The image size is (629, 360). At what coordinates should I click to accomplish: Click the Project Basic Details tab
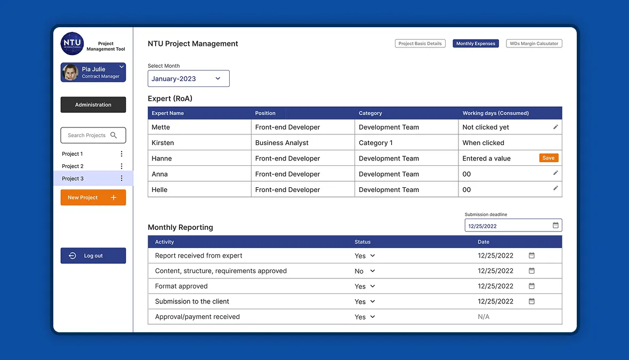click(420, 43)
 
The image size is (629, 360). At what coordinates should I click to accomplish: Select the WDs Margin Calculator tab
click(534, 43)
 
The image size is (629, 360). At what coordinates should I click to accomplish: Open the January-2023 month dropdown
click(189, 78)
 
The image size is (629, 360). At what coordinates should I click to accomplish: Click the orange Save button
click(549, 158)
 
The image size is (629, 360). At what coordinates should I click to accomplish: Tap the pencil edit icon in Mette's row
click(555, 127)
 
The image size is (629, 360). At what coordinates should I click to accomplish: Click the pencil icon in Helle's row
click(555, 188)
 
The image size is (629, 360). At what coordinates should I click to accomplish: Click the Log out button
click(93, 255)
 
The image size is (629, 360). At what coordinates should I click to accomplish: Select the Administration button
click(93, 105)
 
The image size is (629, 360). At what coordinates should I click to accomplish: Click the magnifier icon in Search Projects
click(114, 135)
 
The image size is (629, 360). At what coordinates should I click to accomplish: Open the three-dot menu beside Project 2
click(122, 166)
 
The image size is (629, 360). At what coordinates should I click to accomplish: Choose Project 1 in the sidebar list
click(72, 154)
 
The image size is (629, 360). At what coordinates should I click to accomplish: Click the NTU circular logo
click(72, 43)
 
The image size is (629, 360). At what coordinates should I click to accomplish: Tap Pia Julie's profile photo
click(70, 73)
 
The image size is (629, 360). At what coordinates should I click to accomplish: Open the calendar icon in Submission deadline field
click(555, 225)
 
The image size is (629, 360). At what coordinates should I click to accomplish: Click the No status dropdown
click(365, 271)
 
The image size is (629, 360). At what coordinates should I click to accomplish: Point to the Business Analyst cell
click(281, 142)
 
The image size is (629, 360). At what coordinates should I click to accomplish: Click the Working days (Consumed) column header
click(495, 113)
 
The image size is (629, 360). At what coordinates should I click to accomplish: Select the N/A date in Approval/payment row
click(483, 317)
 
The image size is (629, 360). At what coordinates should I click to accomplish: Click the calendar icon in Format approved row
click(531, 286)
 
